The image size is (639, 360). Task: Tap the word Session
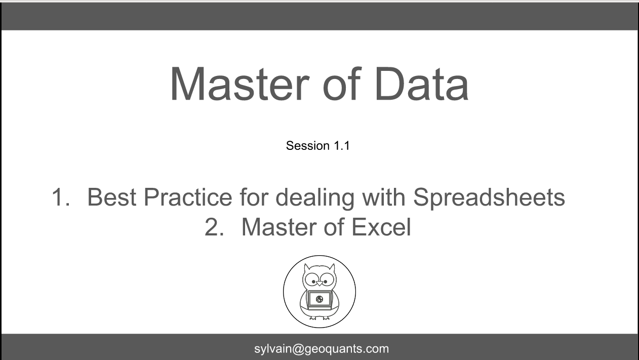308,146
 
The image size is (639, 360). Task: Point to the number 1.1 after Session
342,146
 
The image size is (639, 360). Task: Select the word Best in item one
111,197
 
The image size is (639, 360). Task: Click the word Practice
188,197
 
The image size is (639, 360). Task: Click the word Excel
381,227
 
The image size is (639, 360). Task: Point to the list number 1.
61,197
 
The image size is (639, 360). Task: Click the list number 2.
214,227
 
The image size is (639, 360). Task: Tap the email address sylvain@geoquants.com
322,349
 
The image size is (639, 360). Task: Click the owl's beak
319,284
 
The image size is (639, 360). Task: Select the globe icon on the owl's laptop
319,299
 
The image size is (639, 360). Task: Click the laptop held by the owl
319,300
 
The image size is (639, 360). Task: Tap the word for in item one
254,197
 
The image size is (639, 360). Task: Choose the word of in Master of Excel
334,227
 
